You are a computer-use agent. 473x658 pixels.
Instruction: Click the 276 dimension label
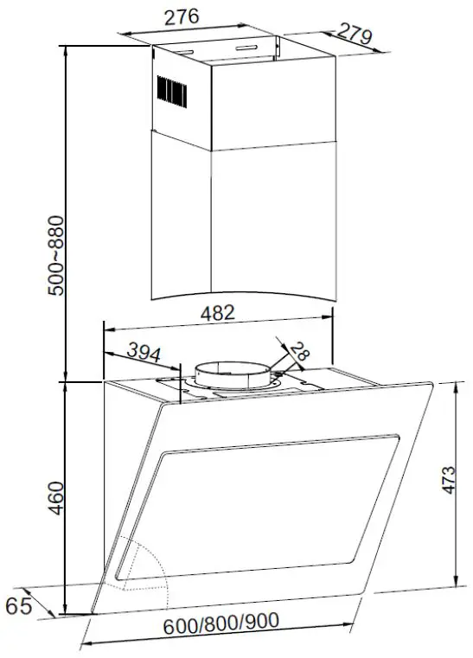(x=182, y=16)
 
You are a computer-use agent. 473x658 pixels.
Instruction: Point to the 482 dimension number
(x=217, y=315)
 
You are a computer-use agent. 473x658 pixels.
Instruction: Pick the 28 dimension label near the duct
(x=298, y=351)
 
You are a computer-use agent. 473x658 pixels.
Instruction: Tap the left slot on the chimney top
(x=183, y=52)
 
